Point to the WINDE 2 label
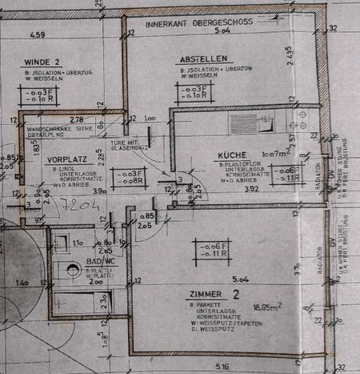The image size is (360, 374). pyautogui.click(x=42, y=62)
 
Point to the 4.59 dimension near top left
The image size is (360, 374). pyautogui.click(x=36, y=34)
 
